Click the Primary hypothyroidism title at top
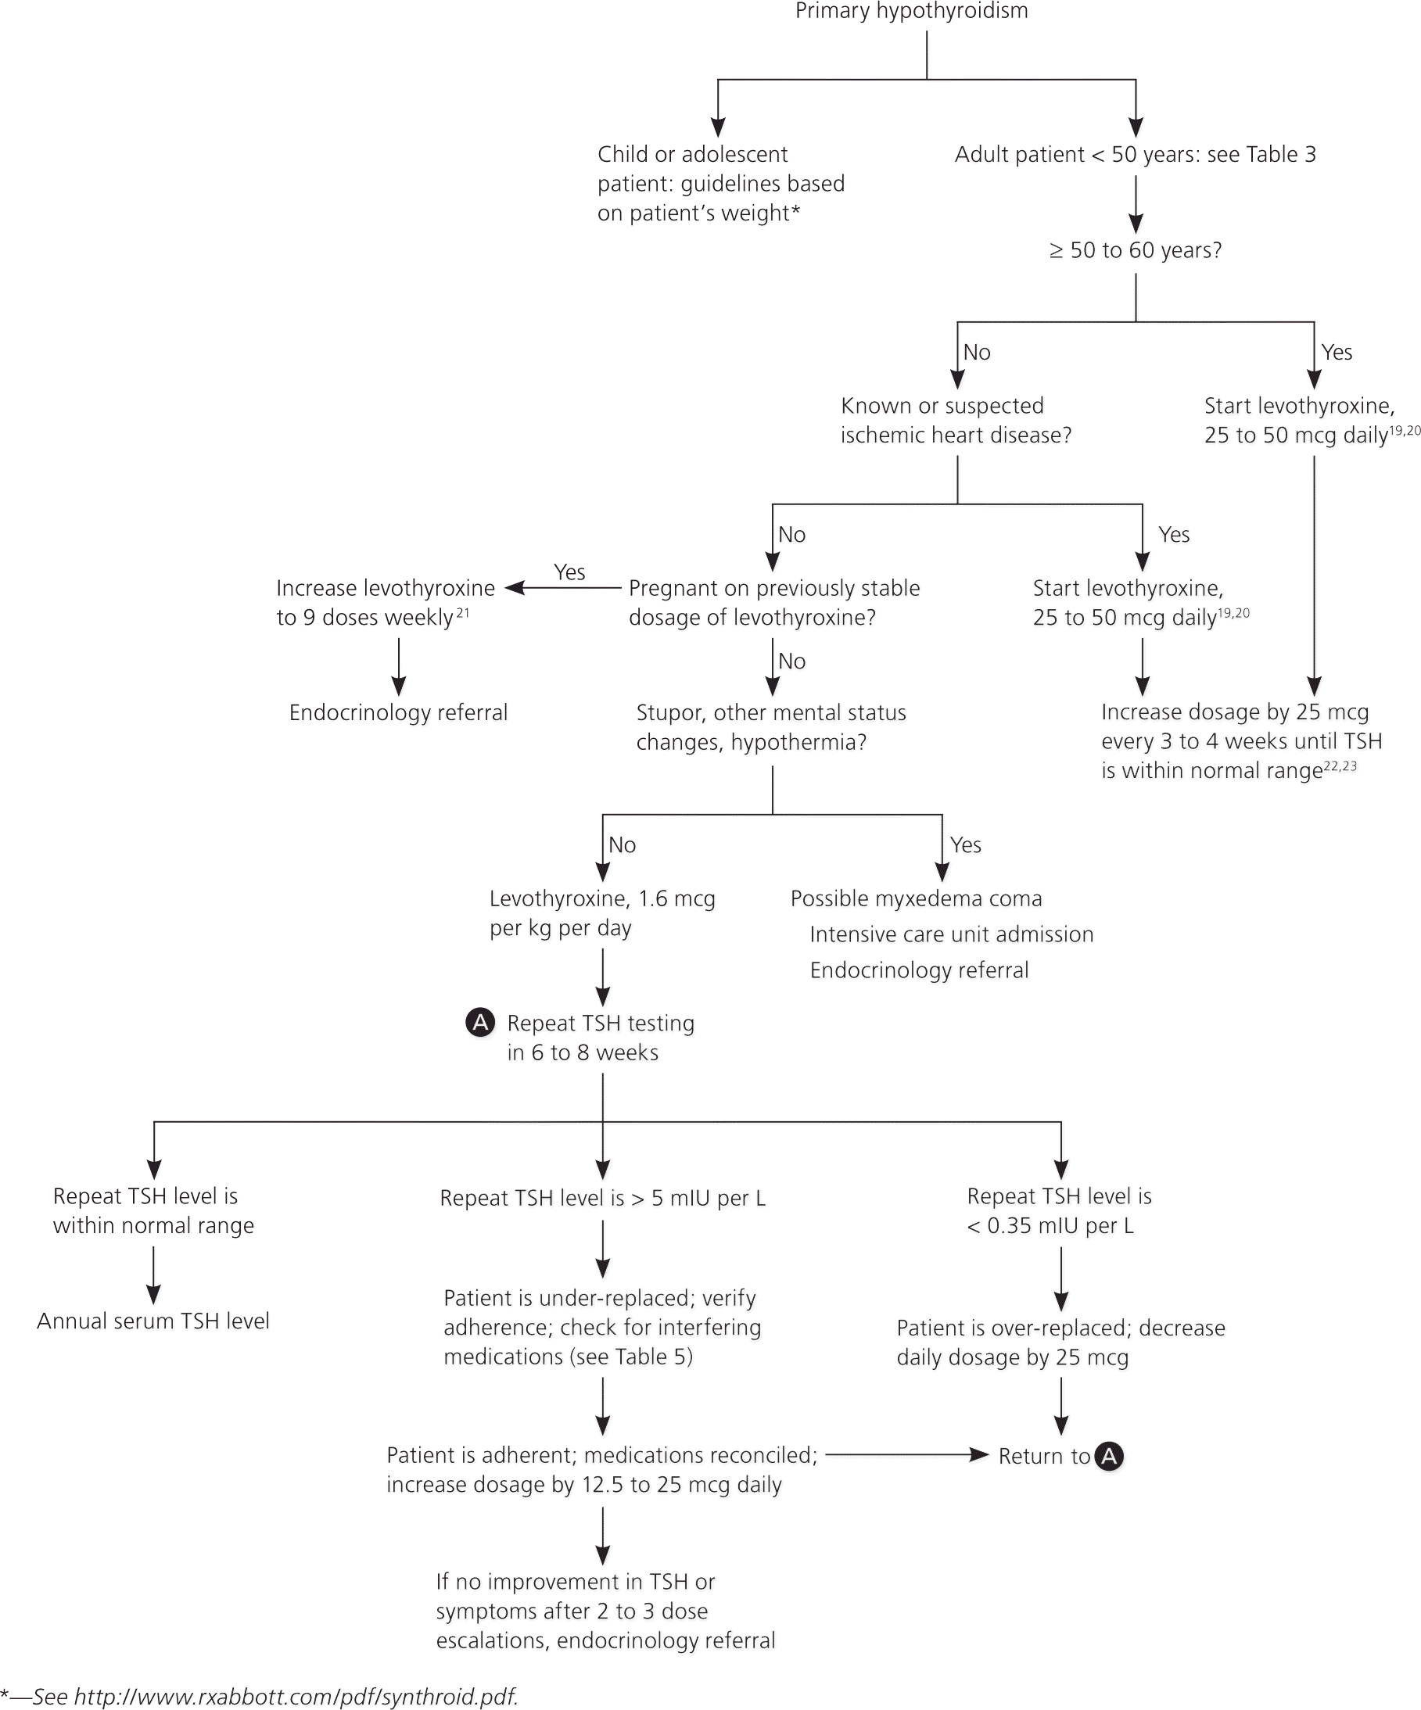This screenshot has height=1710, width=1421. (911, 12)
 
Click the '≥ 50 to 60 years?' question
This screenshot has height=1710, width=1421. (1136, 251)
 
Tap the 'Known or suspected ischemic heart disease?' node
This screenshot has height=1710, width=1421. (955, 420)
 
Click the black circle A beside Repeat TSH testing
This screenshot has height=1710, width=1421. (480, 1022)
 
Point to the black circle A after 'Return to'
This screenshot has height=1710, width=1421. (1108, 1456)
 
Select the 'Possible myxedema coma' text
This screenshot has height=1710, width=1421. (915, 899)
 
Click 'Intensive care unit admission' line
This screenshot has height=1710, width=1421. (950, 935)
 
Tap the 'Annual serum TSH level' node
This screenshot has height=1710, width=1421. (153, 1321)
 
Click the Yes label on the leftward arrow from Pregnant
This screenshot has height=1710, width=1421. (569, 572)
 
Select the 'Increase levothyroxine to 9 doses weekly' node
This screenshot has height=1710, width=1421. (386, 603)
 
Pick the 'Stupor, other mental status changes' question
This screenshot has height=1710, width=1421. (770, 727)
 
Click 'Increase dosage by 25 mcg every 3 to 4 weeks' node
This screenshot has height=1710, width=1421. (1241, 741)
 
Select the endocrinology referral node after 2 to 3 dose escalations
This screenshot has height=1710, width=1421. (605, 1611)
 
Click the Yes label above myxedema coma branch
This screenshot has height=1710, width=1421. (966, 845)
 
